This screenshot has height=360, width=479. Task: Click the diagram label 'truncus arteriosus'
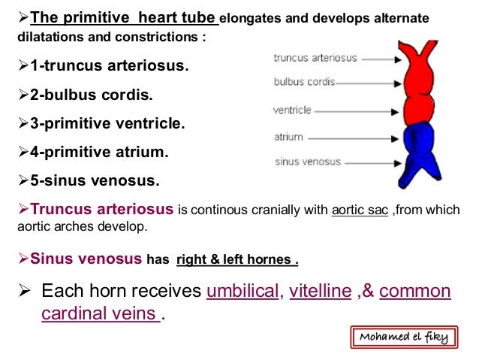tap(315, 57)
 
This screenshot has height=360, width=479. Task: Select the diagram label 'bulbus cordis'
tap(304, 82)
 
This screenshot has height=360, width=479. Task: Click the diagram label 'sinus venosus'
tap(308, 162)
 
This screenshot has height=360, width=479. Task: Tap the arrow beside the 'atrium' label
tap(347, 138)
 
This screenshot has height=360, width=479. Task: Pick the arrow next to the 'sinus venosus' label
tap(371, 162)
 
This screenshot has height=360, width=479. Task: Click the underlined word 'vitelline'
tap(321, 292)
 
